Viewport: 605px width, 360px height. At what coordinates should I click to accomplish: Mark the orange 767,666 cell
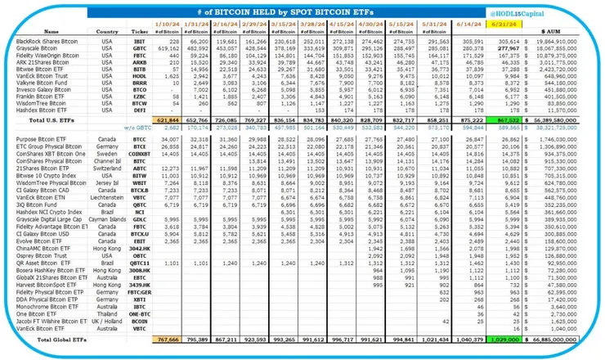click(166, 336)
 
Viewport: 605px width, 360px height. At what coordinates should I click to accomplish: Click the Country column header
click(107, 31)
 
